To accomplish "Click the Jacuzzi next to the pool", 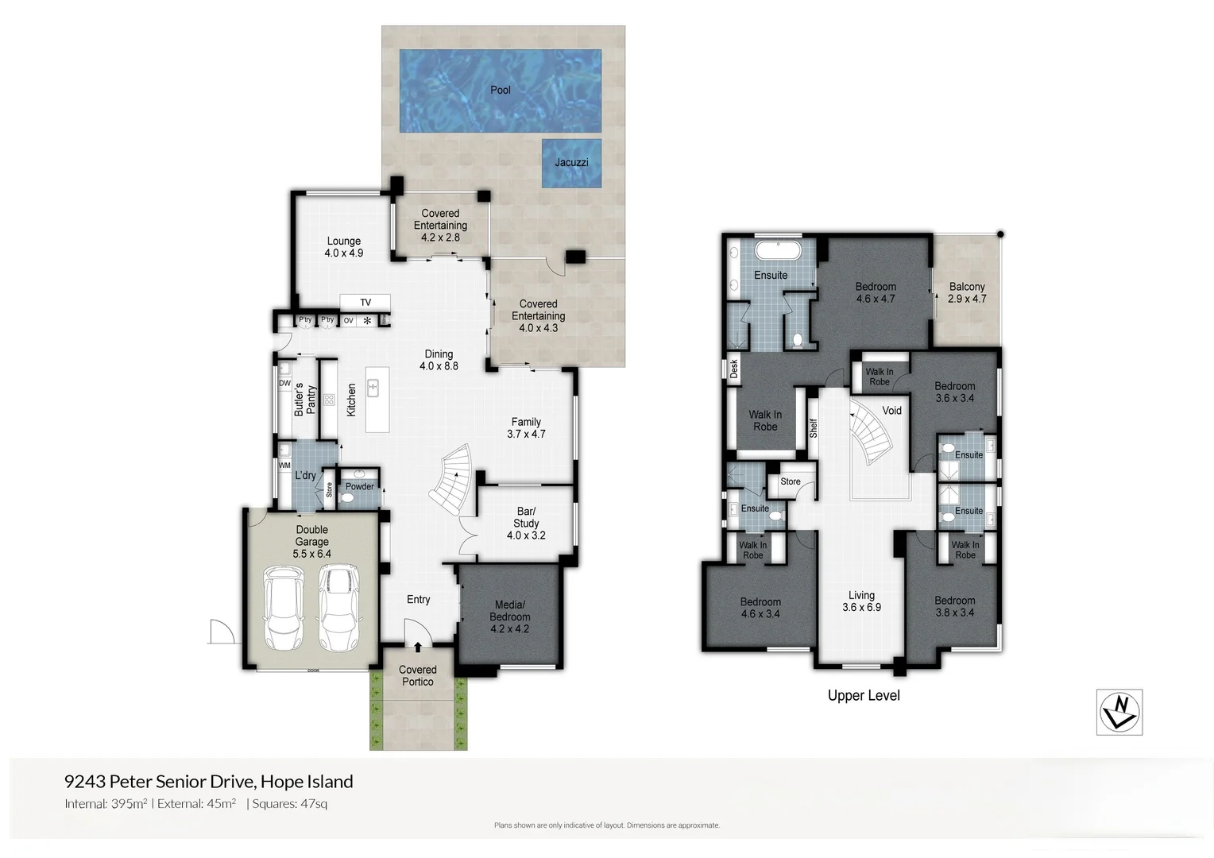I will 570,163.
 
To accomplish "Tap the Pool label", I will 500,90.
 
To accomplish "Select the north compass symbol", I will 1119,711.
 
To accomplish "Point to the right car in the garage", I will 337,607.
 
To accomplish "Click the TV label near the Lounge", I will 365,303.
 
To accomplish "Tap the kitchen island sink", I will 373,388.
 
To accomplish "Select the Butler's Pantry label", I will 305,400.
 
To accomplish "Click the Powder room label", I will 359,486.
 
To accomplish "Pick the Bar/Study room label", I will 526,523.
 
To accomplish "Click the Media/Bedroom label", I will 509,616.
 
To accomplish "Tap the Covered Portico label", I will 417,675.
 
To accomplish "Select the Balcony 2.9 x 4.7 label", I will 966,292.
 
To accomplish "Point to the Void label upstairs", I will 891,411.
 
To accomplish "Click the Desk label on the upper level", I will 734,369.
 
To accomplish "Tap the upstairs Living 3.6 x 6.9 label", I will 861,601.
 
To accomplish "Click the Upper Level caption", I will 864,695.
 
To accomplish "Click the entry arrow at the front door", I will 418,648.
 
